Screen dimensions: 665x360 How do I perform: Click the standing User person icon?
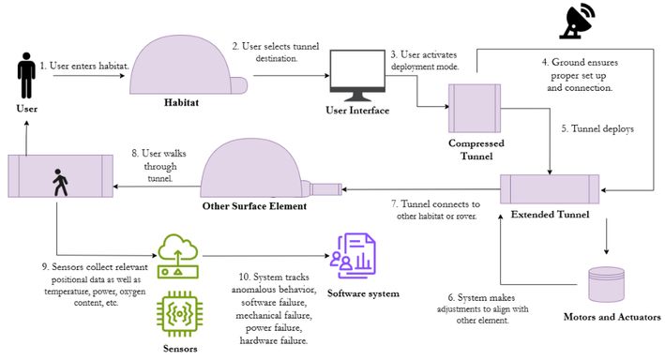26,76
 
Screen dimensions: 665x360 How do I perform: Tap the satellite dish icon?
577,21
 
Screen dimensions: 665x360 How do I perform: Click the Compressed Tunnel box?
475,108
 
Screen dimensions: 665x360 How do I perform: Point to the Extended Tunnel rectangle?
550,189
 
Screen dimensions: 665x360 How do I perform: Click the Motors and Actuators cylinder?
607,284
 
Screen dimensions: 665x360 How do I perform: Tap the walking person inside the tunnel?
60,182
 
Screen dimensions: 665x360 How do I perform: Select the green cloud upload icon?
178,256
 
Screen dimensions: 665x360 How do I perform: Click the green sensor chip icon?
179,314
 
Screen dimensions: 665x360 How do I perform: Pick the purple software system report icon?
353,256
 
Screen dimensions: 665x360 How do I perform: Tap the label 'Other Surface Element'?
254,206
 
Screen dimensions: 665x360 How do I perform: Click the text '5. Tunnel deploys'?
597,128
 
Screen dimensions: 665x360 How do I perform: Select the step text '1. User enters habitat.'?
84,66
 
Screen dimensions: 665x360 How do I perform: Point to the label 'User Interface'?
357,111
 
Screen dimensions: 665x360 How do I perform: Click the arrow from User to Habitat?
89,76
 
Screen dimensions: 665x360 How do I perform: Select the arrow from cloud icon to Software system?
266,256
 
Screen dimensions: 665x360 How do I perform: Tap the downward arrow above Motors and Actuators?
607,236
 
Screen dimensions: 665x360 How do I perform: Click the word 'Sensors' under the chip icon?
180,349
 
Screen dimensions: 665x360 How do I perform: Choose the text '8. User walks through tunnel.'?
159,166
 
